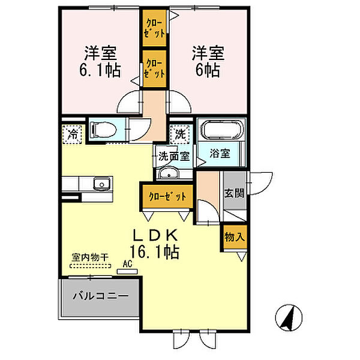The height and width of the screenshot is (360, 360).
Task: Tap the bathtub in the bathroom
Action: [x=221, y=130]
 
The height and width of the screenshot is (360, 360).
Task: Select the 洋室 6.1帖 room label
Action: [x=100, y=62]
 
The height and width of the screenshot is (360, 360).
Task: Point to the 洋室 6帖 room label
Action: [x=208, y=62]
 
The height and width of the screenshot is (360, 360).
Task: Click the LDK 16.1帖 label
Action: [x=155, y=244]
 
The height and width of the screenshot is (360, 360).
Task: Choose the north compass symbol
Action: [x=289, y=317]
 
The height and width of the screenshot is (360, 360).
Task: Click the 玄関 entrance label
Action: [x=234, y=193]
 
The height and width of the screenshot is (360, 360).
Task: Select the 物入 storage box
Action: [x=234, y=237]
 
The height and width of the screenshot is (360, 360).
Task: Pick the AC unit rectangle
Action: [x=127, y=271]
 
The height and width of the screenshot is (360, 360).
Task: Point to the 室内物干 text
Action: [x=90, y=257]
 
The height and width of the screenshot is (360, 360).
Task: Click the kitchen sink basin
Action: [x=102, y=184]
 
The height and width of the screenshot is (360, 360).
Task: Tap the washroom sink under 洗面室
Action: [x=169, y=173]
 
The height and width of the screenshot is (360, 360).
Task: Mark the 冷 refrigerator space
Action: [x=72, y=134]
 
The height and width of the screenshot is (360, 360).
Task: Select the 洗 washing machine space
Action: [x=180, y=134]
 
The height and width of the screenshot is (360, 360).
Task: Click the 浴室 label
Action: [x=220, y=154]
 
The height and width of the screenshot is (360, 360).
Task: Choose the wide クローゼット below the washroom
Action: [x=167, y=196]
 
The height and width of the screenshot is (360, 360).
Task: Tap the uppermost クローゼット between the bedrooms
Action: [x=154, y=28]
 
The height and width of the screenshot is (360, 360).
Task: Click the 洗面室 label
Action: [x=174, y=157]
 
